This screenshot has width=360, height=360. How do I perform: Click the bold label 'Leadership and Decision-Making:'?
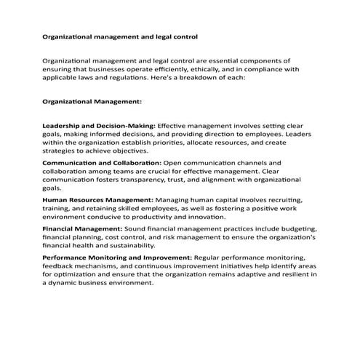(99, 126)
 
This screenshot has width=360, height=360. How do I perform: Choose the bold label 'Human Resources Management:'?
(97, 199)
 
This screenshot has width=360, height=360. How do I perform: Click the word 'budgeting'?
(284, 228)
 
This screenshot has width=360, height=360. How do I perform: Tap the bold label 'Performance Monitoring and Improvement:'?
(117, 257)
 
